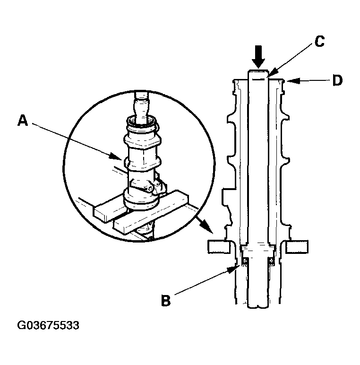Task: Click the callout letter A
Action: click(23, 121)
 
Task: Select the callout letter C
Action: click(320, 42)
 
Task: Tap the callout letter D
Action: click(337, 81)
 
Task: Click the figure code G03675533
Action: click(48, 326)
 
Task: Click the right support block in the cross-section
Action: click(298, 246)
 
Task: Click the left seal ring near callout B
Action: click(245, 261)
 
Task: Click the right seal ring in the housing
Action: click(271, 261)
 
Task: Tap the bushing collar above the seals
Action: click(258, 249)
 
